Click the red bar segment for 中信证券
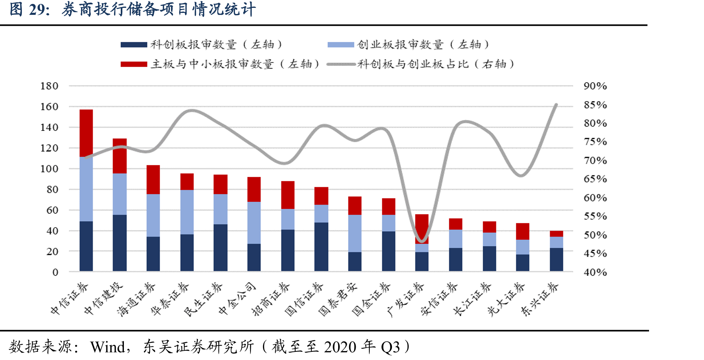coord(86,133)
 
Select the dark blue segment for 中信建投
coord(120,243)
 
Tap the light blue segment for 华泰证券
coord(187,212)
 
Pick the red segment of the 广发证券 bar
coord(422,229)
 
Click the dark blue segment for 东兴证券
coord(556,259)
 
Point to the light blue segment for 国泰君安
coord(355,233)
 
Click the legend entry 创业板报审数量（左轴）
coord(408,44)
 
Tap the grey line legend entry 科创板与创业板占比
coord(421,64)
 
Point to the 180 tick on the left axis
coord(49,86)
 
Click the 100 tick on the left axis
coord(49,169)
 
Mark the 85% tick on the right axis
coord(595,105)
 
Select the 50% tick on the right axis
coord(595,235)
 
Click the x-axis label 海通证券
coord(136,299)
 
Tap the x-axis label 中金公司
coord(237,298)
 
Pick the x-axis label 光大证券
coord(506,299)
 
